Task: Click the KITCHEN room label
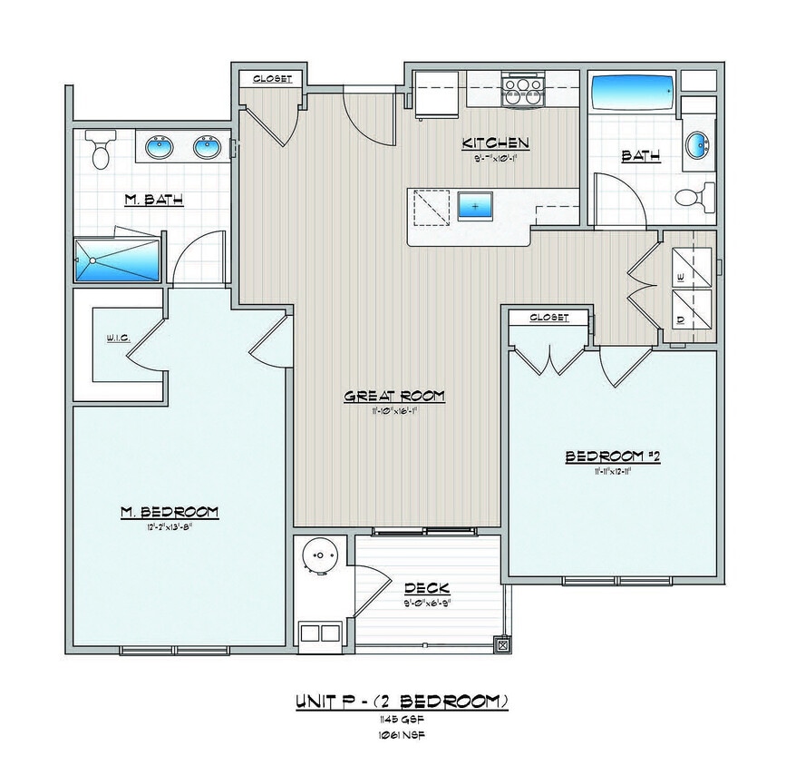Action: pyautogui.click(x=495, y=142)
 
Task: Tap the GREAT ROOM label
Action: pyautogui.click(x=394, y=396)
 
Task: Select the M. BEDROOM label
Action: pyautogui.click(x=169, y=512)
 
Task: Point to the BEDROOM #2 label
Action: pyautogui.click(x=613, y=457)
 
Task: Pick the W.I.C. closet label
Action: pyautogui.click(x=118, y=338)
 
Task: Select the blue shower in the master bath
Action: pyautogui.click(x=116, y=260)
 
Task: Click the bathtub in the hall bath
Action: pyautogui.click(x=633, y=93)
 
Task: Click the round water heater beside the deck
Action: pyautogui.click(x=319, y=555)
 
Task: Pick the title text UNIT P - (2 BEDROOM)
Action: pyautogui.click(x=401, y=702)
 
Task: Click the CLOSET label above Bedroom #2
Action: pyautogui.click(x=548, y=318)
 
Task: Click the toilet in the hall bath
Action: pyautogui.click(x=695, y=195)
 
